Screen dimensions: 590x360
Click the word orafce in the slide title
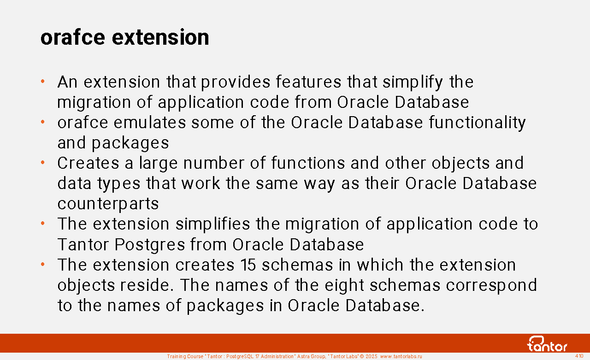click(x=73, y=37)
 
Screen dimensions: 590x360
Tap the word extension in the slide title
click(x=160, y=37)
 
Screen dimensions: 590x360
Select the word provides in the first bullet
click(x=236, y=82)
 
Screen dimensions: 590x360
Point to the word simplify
click(x=413, y=82)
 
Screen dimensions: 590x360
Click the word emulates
click(x=150, y=123)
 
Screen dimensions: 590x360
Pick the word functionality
click(x=477, y=123)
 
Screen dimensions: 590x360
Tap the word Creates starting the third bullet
click(x=88, y=163)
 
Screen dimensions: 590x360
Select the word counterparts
click(x=108, y=204)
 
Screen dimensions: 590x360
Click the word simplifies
click(x=213, y=224)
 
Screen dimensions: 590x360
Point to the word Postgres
click(x=150, y=245)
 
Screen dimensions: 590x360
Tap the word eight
click(x=344, y=285)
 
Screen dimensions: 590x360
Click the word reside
click(x=147, y=285)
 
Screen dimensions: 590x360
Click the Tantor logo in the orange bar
click(x=547, y=344)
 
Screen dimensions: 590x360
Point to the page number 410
click(x=579, y=356)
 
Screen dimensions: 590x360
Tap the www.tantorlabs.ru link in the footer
click(x=401, y=356)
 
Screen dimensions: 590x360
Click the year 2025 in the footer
click(x=372, y=356)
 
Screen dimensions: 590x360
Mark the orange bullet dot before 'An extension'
click(x=43, y=82)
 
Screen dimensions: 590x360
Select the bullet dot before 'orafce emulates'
click(x=43, y=122)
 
